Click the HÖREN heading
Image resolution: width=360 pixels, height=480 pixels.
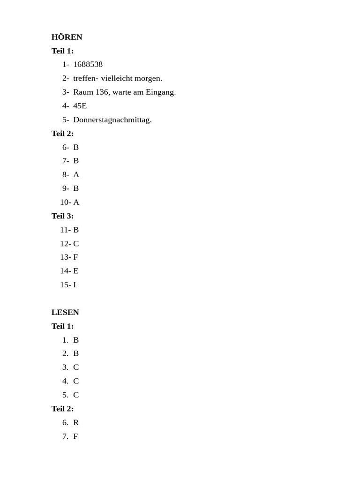tap(67, 37)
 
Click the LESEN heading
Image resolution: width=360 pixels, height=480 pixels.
tap(65, 312)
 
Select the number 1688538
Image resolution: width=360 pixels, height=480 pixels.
tap(88, 64)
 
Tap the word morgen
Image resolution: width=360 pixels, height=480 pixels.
tap(148, 78)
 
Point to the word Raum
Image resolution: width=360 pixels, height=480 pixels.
tap(83, 92)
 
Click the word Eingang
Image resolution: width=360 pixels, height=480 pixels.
tap(161, 92)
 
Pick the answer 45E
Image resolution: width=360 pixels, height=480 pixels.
tap(80, 105)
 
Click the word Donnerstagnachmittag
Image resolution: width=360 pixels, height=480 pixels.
tap(112, 120)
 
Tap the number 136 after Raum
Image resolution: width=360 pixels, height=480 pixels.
tap(102, 92)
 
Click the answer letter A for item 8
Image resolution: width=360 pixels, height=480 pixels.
tap(76, 174)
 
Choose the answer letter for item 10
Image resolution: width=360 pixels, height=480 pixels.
tap(76, 202)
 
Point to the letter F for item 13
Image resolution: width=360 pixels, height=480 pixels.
tap(75, 257)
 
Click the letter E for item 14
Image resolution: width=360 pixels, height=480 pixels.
tap(75, 270)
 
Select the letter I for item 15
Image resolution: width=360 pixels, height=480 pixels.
tap(75, 285)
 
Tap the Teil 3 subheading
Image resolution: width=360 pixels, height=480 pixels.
tap(62, 216)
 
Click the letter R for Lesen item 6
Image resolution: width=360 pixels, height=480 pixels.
tap(76, 422)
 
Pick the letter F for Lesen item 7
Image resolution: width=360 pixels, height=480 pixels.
tap(75, 436)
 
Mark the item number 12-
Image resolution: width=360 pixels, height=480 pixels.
tap(65, 244)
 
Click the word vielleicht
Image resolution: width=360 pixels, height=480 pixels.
tap(117, 78)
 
